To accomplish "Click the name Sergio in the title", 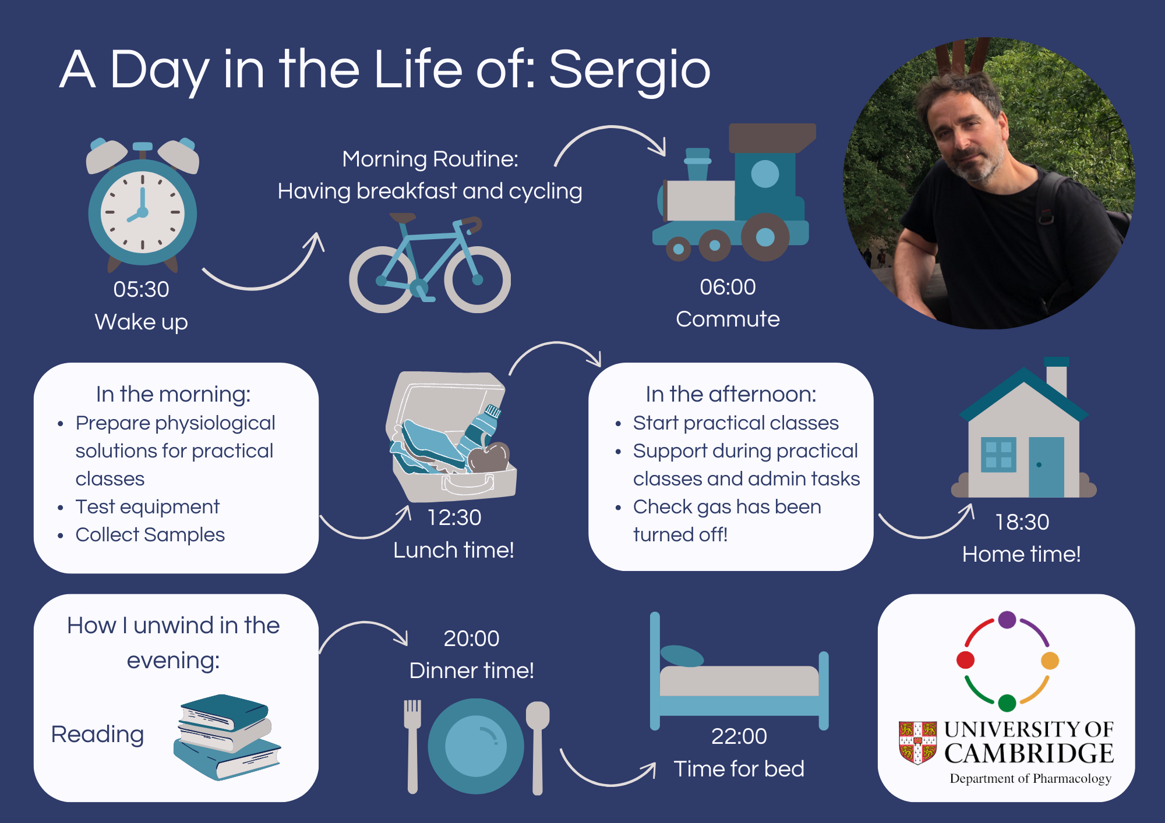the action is (x=630, y=70).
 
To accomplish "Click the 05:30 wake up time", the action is (x=142, y=289).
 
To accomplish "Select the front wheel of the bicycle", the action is (x=478, y=279).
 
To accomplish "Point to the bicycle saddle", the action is (x=403, y=218).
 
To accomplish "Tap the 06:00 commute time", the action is (x=728, y=287).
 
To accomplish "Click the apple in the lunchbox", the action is (x=489, y=457).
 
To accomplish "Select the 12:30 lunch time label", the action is (x=454, y=517).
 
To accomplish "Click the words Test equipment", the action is (x=147, y=506).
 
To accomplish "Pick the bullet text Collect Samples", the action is (x=150, y=534).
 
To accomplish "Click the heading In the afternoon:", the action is (x=731, y=394).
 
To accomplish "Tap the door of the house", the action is (x=1046, y=467).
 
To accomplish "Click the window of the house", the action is (x=998, y=455).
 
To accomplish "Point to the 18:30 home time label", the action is (x=1022, y=522).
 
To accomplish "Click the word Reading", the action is (x=97, y=735).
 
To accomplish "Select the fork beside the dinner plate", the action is (x=413, y=747).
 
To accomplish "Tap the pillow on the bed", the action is (x=682, y=656).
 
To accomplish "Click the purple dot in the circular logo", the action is (x=1007, y=619).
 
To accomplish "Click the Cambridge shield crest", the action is (x=917, y=743).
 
